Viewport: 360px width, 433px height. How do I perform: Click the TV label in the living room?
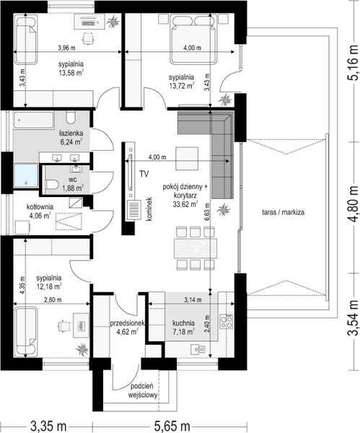[144, 174]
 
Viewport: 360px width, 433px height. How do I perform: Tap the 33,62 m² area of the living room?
[185, 204]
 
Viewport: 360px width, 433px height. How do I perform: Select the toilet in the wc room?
[52, 184]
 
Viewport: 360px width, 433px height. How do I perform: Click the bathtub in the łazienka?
[33, 120]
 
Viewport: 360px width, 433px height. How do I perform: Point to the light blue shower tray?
[26, 175]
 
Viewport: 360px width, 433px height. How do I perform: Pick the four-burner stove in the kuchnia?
[227, 321]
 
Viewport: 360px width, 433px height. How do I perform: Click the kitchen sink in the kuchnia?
[198, 349]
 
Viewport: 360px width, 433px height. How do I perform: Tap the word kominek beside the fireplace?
[149, 209]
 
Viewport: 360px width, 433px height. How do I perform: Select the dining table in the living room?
[196, 248]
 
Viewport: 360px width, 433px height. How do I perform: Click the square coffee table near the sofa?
[187, 159]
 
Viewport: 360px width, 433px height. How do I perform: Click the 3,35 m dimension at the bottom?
[48, 427]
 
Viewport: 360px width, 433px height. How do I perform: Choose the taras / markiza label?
[283, 212]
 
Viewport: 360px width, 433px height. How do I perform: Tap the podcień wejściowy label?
[142, 390]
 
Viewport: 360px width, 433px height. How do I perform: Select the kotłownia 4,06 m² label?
[40, 211]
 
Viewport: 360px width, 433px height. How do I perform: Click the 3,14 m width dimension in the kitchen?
[193, 299]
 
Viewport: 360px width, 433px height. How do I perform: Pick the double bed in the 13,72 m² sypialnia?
[193, 40]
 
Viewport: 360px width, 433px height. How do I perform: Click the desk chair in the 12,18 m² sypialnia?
[63, 326]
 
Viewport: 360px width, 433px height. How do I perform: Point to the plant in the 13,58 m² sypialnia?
[113, 22]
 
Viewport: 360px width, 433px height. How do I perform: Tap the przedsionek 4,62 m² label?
[128, 327]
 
